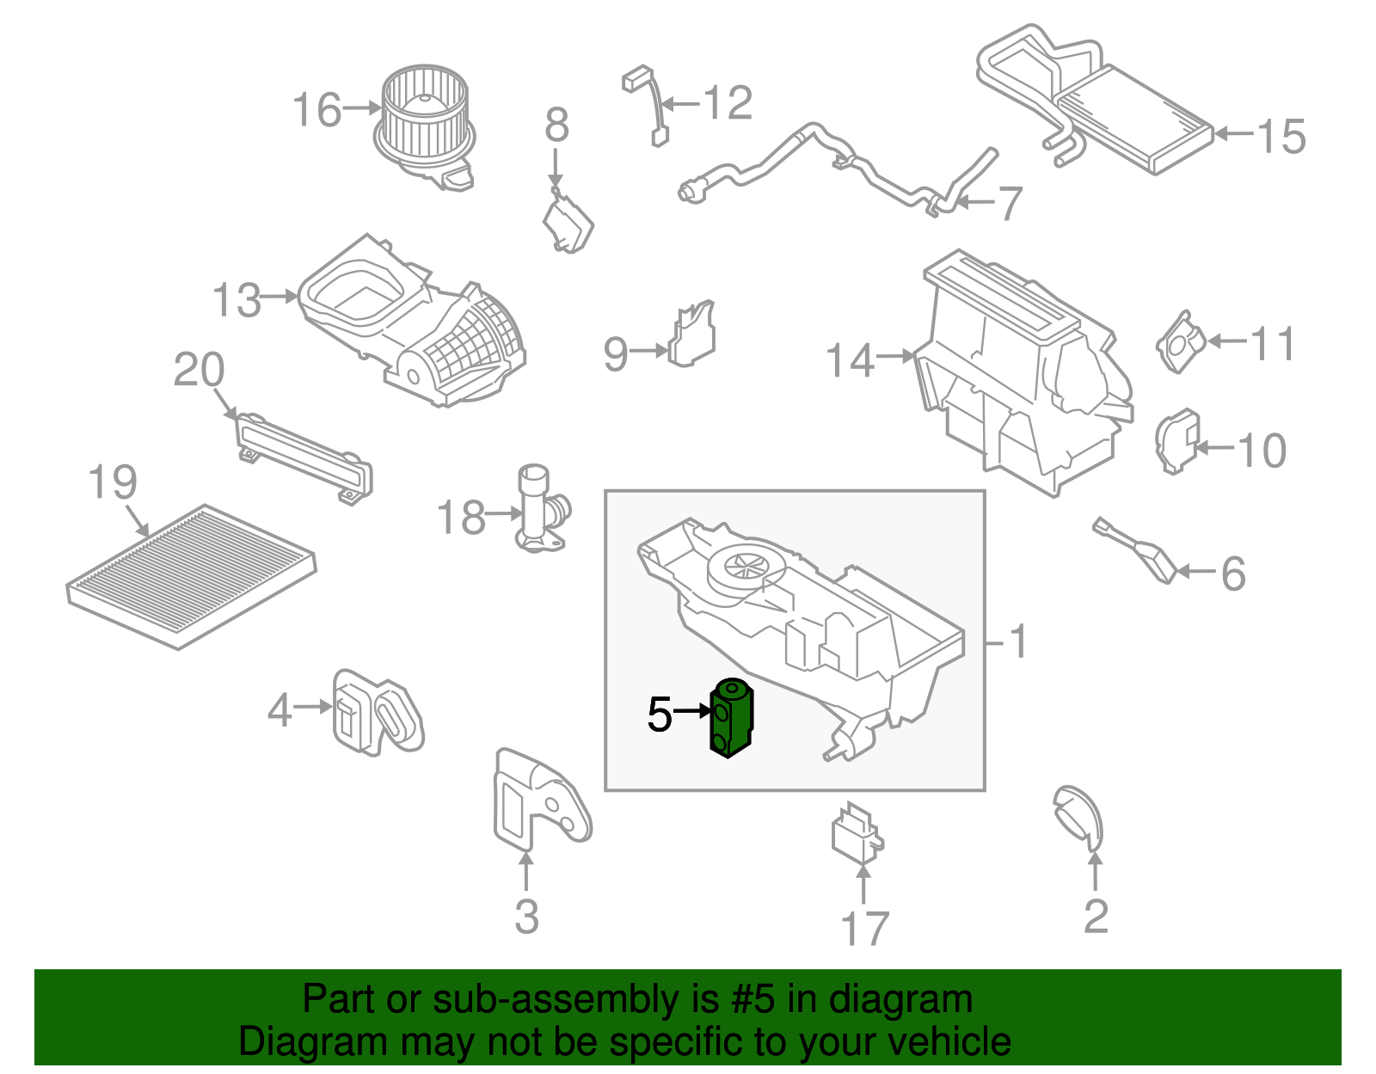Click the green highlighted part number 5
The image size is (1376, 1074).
point(730,719)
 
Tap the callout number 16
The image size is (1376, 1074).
point(316,111)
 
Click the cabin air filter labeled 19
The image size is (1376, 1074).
point(191,576)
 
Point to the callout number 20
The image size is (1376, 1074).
point(199,371)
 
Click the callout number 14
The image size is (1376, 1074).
point(850,360)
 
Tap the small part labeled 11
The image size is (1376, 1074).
point(1180,341)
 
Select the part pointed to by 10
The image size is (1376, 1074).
point(1176,441)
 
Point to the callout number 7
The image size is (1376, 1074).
point(1008,204)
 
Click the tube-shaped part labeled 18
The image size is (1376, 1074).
point(537,509)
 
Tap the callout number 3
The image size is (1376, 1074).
point(526,917)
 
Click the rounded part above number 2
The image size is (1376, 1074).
point(1078,815)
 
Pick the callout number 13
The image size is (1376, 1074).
point(236,301)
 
